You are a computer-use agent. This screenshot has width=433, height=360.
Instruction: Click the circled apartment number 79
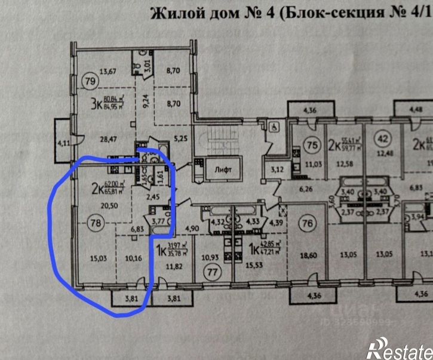[x=90, y=81]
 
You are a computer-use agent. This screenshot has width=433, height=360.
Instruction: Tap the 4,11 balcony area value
[x=63, y=144]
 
